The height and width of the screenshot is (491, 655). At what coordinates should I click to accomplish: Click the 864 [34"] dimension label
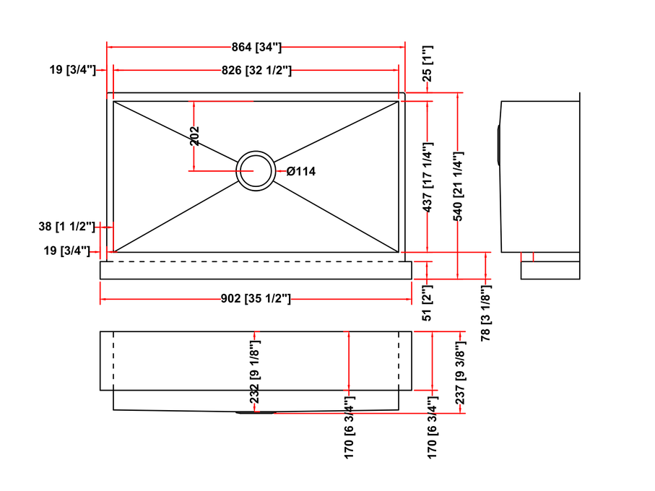click(256, 47)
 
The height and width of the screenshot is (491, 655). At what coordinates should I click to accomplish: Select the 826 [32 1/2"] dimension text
click(256, 70)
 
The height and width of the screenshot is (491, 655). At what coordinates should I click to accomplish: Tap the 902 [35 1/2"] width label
click(256, 298)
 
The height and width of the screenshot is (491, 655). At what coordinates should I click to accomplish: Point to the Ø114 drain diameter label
click(300, 171)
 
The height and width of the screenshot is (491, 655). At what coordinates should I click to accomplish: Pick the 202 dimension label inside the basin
click(194, 136)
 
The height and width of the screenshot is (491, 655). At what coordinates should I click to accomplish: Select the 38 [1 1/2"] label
click(67, 226)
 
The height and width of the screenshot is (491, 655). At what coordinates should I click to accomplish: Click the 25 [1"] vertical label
click(427, 64)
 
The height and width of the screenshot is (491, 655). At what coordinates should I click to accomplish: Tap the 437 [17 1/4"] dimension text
click(427, 177)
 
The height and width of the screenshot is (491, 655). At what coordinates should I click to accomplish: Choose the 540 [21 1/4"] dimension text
click(458, 186)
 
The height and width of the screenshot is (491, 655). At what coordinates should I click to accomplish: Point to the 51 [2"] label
click(427, 303)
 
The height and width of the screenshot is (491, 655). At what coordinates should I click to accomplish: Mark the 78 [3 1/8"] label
click(485, 313)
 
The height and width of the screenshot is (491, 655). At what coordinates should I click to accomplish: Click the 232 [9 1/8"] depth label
click(255, 372)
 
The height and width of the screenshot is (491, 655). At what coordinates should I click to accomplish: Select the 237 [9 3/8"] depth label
click(460, 373)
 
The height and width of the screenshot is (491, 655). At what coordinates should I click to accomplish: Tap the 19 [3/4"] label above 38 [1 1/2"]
click(73, 69)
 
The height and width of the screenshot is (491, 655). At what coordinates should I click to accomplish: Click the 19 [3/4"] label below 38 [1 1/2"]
click(67, 251)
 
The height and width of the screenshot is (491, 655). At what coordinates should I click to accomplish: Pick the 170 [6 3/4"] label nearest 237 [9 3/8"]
click(432, 427)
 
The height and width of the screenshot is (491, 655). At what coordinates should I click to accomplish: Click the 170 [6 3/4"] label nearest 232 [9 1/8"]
click(350, 427)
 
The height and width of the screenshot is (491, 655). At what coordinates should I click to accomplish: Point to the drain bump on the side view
click(499, 144)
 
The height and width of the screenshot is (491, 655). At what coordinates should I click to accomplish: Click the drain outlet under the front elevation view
click(256, 412)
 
